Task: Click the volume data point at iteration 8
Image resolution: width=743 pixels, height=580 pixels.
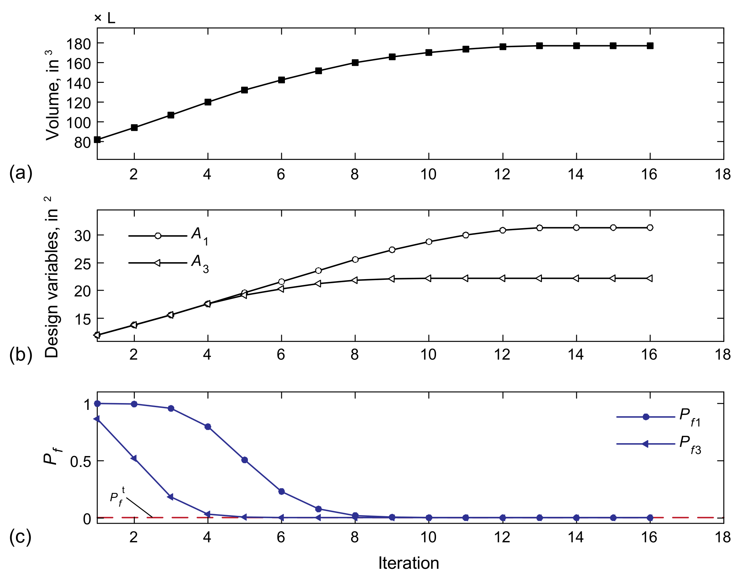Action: coord(355,62)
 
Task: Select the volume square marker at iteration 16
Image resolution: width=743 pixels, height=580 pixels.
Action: coord(650,46)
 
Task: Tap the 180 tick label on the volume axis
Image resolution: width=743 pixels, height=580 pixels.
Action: coord(78,44)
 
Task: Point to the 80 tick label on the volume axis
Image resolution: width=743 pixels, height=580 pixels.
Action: coord(83,143)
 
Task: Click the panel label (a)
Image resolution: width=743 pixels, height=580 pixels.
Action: coord(21,173)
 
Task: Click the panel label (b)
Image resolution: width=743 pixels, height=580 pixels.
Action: coord(21,355)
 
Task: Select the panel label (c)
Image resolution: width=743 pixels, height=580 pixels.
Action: coord(21,537)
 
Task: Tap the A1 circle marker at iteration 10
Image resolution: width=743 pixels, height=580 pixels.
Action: coord(429,242)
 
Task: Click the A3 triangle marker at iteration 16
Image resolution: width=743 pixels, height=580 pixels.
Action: coord(649,278)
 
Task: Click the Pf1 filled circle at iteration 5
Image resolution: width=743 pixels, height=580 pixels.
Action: coord(244,460)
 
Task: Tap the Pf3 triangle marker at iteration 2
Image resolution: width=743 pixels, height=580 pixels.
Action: coord(134,458)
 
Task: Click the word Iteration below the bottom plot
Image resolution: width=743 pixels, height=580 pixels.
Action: coord(409,563)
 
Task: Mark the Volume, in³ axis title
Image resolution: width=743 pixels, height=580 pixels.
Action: coord(53,95)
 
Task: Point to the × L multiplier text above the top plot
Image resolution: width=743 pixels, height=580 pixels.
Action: coord(105,18)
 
